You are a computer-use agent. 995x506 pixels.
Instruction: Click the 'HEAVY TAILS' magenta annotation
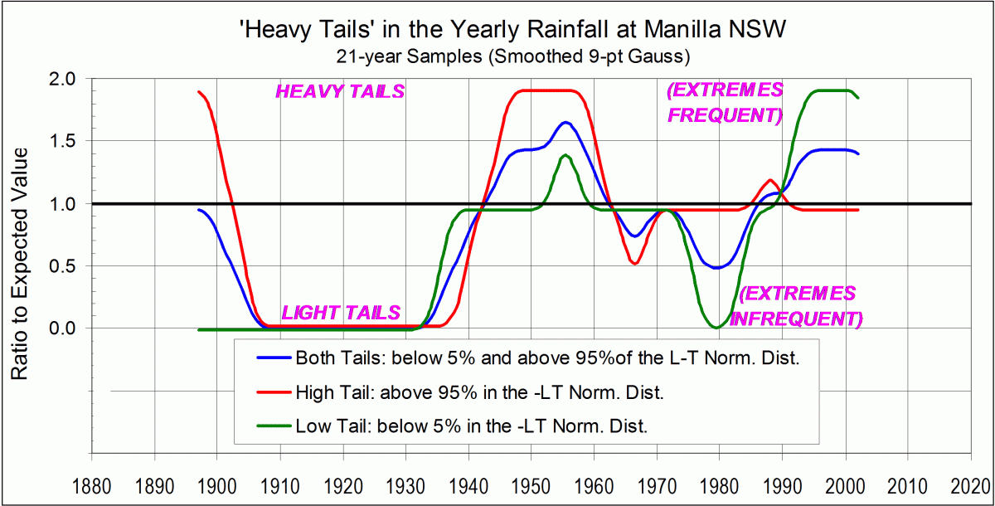coord(340,92)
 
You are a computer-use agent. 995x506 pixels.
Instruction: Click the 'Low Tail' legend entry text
coord(470,426)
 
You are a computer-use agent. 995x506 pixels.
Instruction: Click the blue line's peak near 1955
coord(565,123)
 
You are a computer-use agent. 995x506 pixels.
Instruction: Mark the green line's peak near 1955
coord(565,155)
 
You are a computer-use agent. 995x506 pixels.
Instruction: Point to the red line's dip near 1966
coord(634,264)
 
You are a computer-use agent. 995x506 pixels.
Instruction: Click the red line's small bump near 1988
coord(771,180)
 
